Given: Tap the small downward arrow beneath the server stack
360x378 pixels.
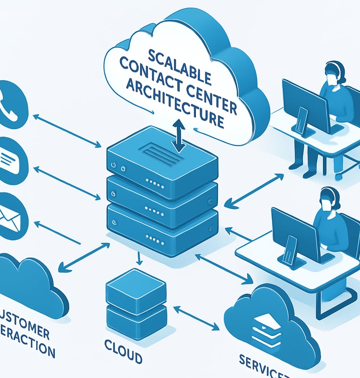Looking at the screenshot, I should pyautogui.click(x=139, y=258).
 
